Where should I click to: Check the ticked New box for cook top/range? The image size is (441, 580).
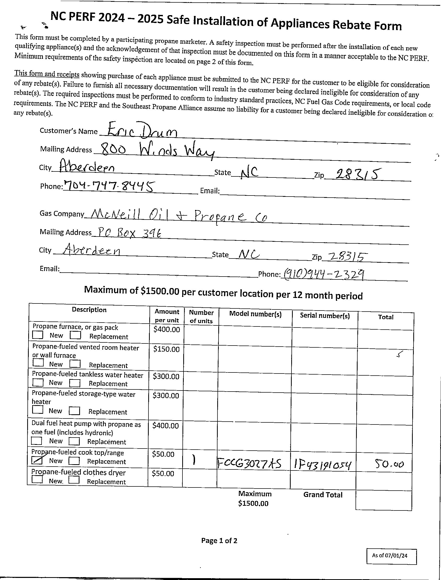click(37, 460)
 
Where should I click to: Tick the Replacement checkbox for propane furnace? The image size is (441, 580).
click(75, 335)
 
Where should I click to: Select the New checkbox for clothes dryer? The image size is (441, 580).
click(37, 479)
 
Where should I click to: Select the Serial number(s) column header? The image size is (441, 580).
click(325, 315)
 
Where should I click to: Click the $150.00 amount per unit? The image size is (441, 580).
click(167, 349)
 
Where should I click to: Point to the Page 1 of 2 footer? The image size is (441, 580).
click(219, 540)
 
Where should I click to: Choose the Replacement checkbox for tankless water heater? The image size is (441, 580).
click(75, 383)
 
